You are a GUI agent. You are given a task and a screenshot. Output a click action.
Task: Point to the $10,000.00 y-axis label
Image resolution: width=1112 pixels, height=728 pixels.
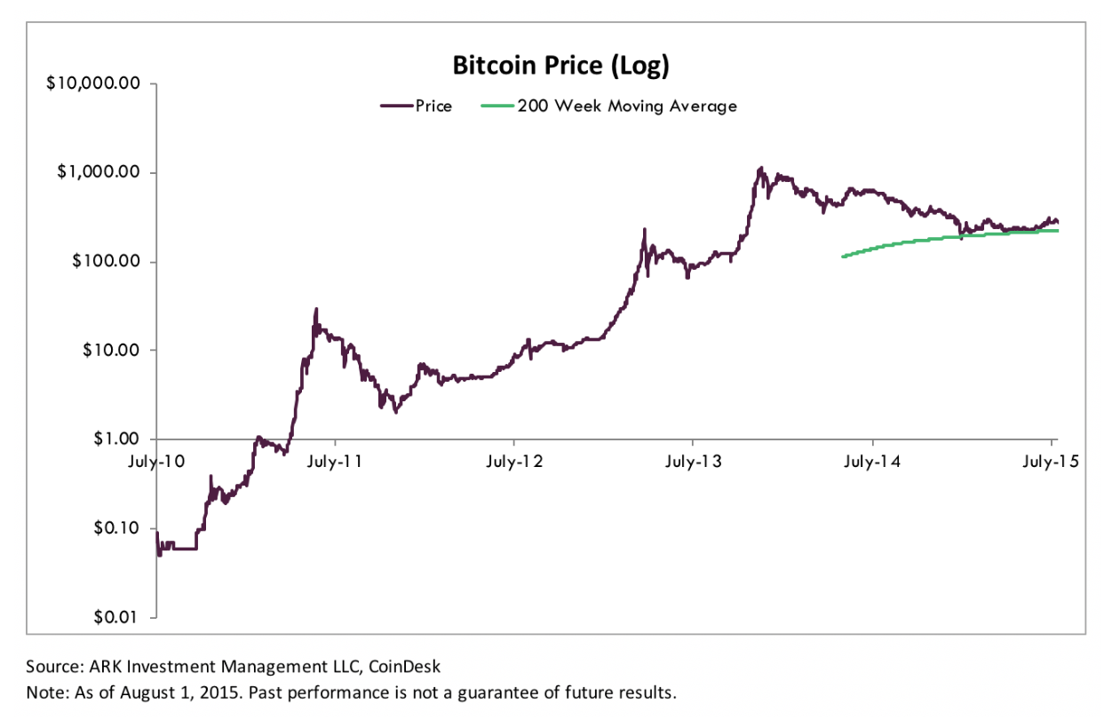(x=94, y=83)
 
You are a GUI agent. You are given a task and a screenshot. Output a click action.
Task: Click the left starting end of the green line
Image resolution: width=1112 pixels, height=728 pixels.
(x=843, y=257)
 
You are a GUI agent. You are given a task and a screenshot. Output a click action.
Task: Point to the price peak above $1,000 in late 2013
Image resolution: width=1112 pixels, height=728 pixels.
(x=760, y=167)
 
